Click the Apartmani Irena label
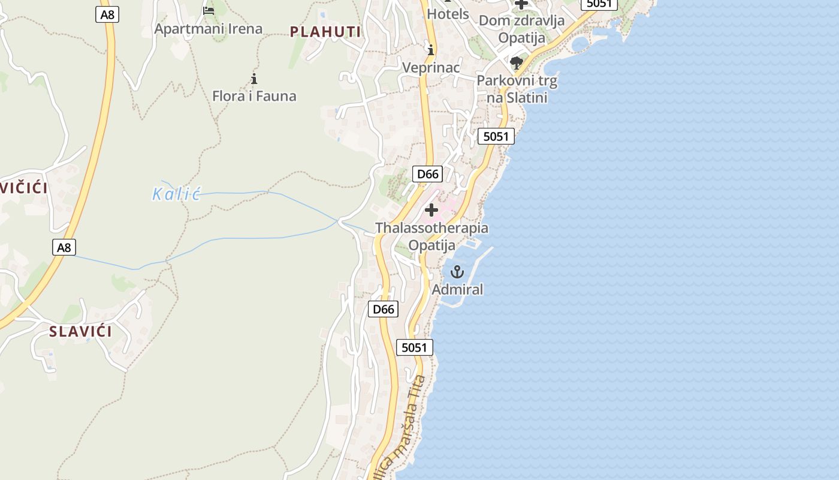click(208, 28)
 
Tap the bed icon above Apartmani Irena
click(209, 10)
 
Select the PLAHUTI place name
click(325, 32)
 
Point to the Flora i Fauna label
click(254, 96)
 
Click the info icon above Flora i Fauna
click(254, 79)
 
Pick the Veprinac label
click(431, 67)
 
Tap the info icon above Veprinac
click(430, 50)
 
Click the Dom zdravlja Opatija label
click(521, 29)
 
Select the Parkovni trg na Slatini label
click(517, 88)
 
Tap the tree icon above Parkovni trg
click(516, 63)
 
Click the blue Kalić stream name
click(176, 193)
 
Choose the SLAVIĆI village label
click(80, 331)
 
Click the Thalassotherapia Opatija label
click(431, 236)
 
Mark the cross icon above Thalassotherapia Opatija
click(431, 210)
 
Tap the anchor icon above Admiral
click(457, 272)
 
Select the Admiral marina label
click(457, 289)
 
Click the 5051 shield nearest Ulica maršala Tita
click(414, 347)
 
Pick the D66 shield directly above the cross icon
click(427, 174)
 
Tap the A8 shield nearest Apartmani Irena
click(107, 14)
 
